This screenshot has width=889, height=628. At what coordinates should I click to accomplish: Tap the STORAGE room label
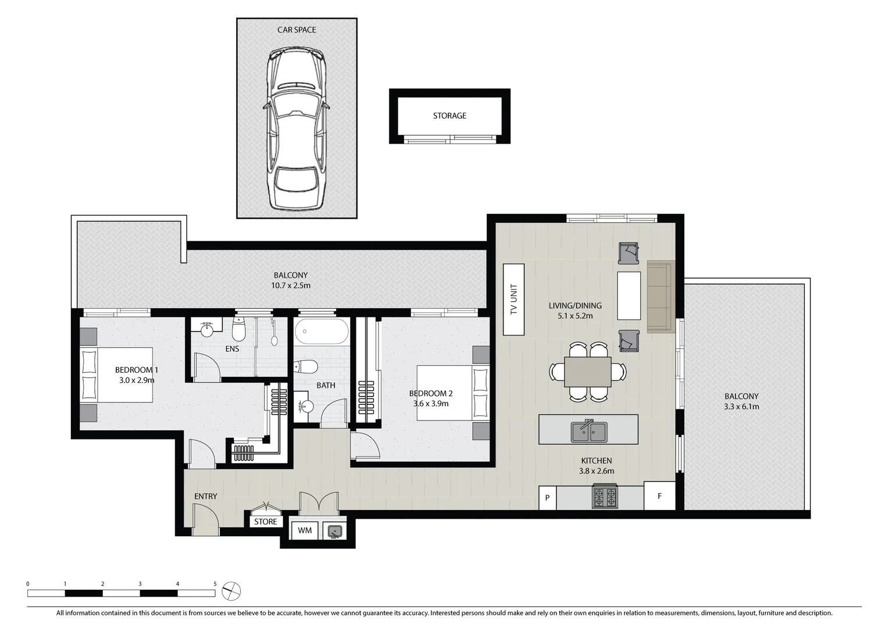coord(449,116)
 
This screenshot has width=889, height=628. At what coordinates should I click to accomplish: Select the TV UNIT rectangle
coord(513,299)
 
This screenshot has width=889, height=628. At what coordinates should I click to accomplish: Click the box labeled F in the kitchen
coord(659,496)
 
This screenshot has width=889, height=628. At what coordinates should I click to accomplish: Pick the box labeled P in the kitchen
coord(547,498)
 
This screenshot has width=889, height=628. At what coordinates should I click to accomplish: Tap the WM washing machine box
coord(305,530)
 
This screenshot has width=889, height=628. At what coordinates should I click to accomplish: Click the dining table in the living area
coord(588,372)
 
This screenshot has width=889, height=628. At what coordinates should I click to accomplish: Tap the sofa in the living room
coord(660,297)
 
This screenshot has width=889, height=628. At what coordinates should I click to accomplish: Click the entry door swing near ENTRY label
coord(205,519)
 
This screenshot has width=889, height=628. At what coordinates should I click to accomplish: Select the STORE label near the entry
coord(265,522)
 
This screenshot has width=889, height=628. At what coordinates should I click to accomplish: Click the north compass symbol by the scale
coord(231,591)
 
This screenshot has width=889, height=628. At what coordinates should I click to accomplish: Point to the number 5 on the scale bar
coord(215,584)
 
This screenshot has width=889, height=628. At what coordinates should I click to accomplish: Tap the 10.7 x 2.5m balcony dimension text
coord(291,286)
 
